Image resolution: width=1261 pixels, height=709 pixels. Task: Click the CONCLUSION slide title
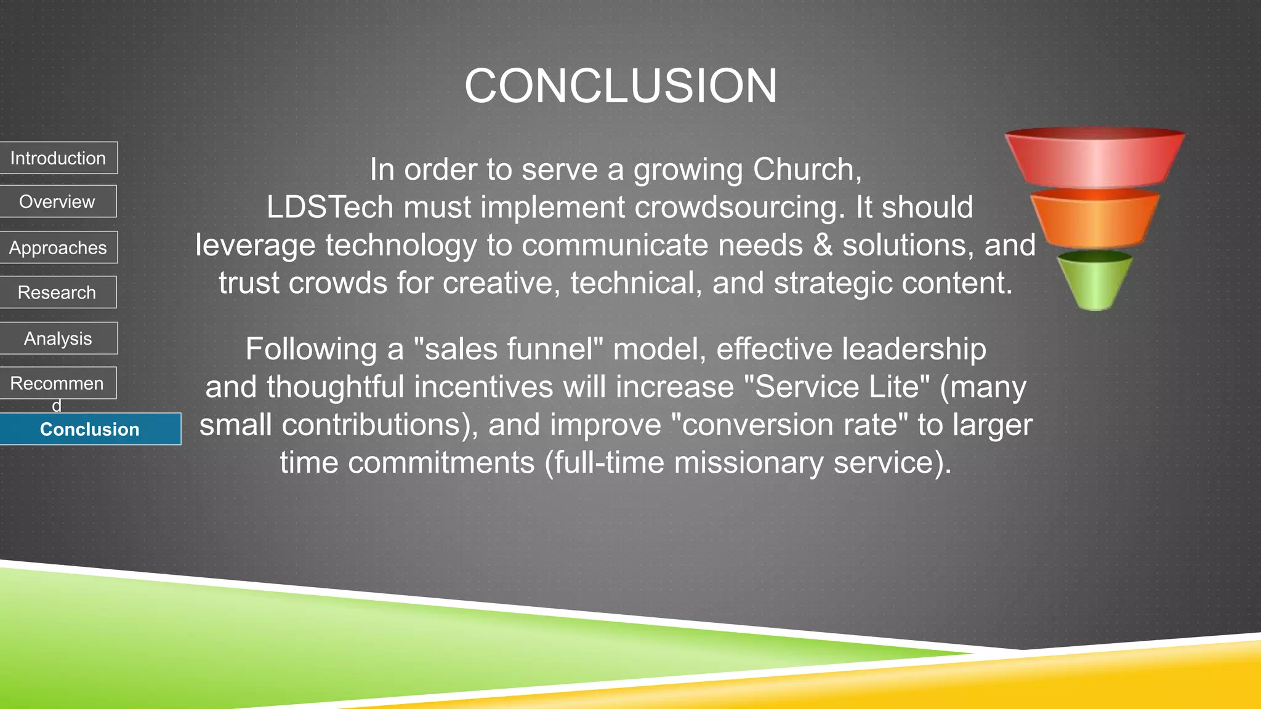(621, 86)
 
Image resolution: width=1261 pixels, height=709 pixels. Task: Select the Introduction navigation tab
(58, 158)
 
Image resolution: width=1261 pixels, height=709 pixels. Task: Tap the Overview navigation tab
(57, 202)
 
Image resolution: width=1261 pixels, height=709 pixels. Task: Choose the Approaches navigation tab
(58, 247)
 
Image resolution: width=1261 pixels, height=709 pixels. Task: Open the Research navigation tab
(57, 292)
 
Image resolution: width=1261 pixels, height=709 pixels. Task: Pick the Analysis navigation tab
(58, 338)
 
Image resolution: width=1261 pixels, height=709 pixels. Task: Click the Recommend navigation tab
(57, 383)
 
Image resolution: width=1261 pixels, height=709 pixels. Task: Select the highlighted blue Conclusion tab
(90, 429)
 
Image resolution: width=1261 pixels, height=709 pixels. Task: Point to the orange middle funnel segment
(1095, 220)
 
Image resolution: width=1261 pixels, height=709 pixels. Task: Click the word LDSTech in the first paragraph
(329, 207)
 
